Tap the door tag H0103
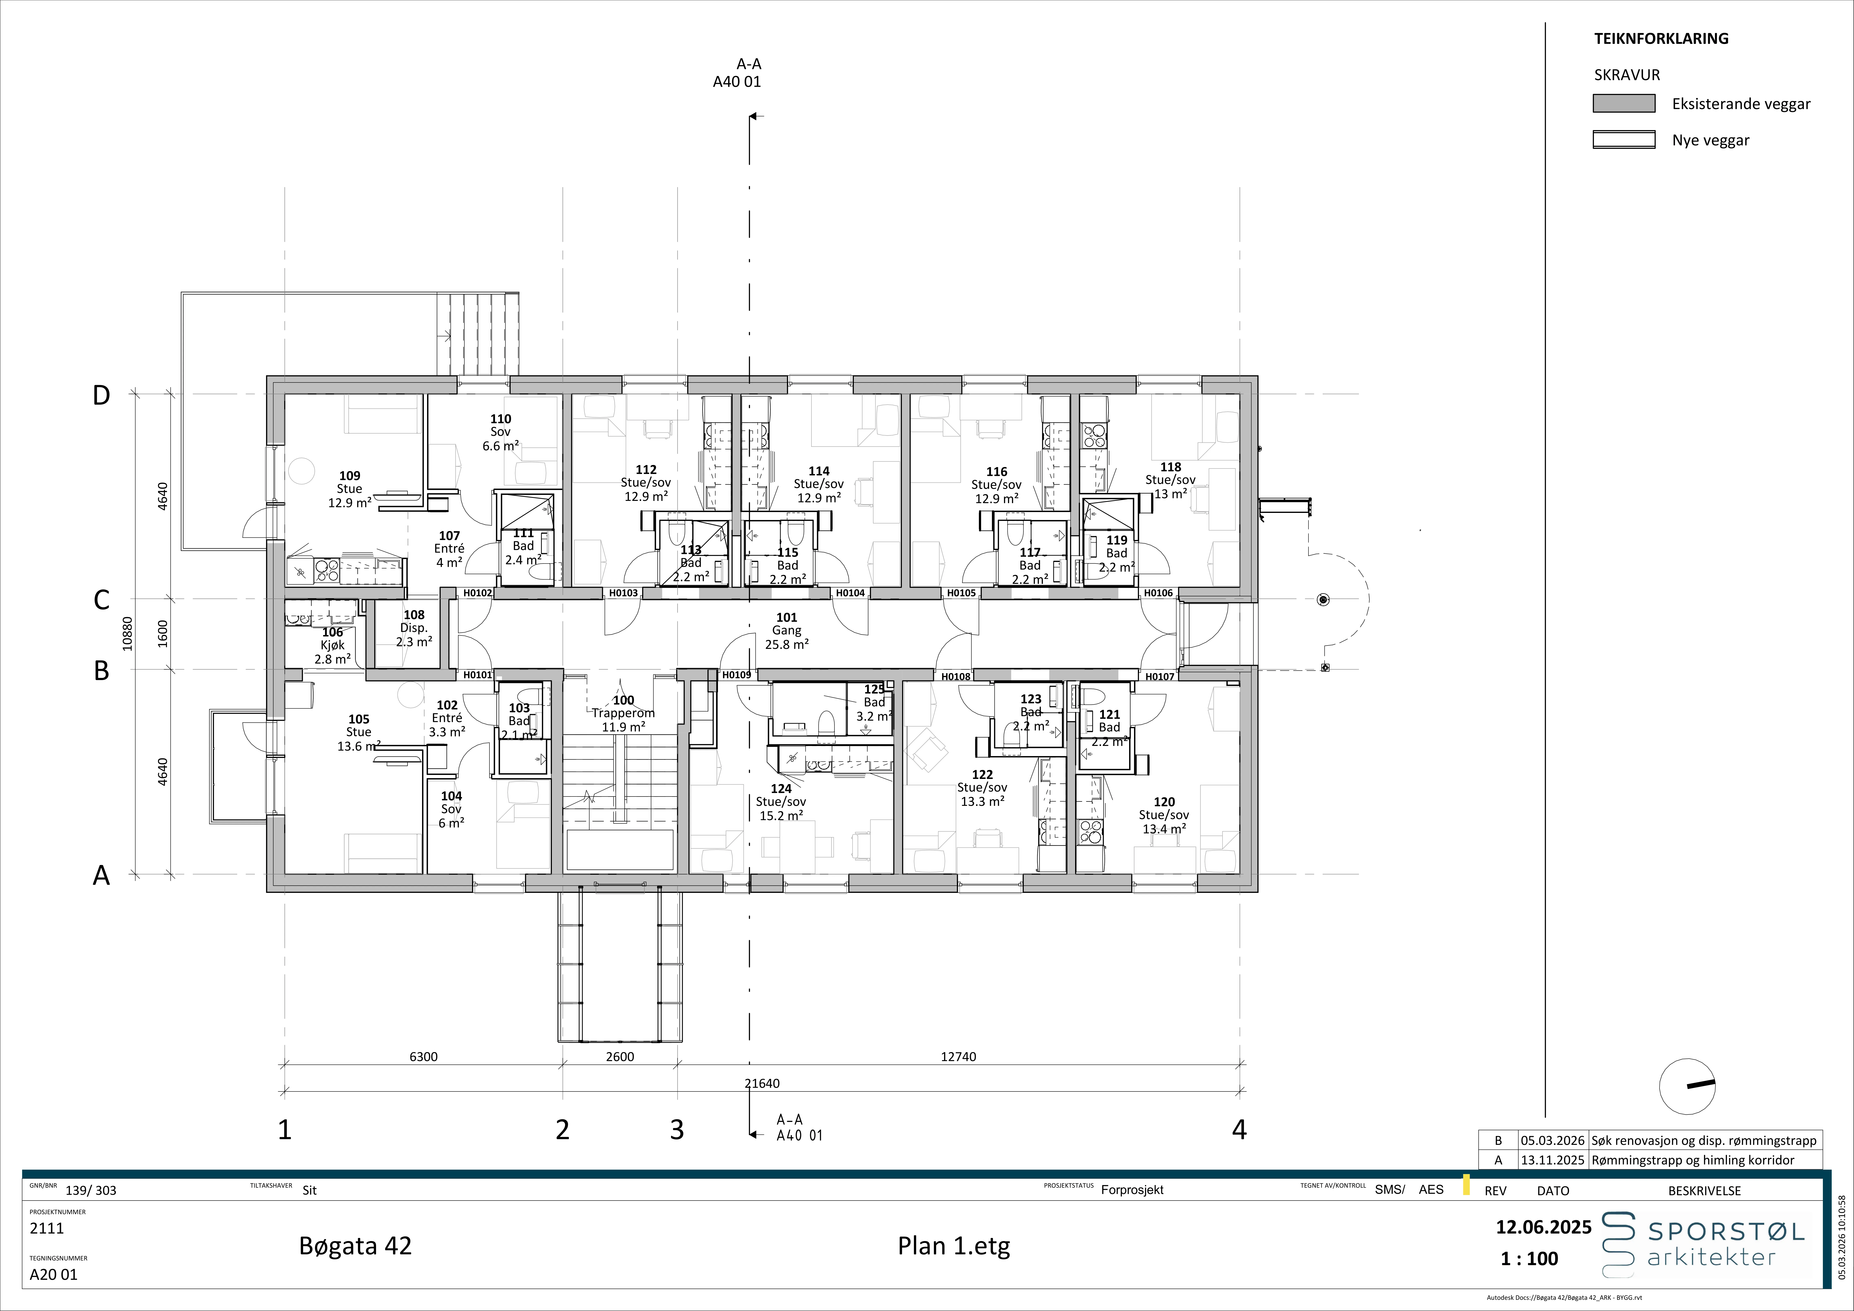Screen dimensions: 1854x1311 point(623,593)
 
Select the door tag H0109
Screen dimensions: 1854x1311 point(737,675)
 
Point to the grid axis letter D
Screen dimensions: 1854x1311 point(101,395)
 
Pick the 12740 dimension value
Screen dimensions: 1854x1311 point(958,1057)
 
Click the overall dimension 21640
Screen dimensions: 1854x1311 point(762,1083)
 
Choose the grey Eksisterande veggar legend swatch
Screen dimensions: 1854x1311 point(1624,103)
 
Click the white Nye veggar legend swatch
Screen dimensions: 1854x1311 point(1624,140)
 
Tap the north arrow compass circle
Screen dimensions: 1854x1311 point(1687,1086)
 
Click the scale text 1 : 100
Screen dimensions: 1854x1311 point(1529,1258)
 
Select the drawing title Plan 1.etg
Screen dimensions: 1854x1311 point(954,1246)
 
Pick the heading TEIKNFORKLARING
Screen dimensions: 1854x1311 point(1661,38)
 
